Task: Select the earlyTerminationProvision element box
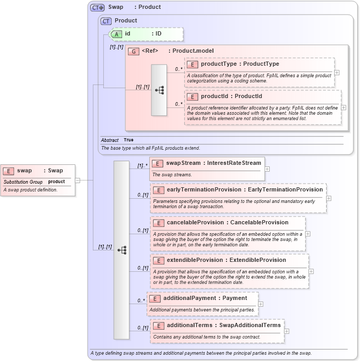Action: point(238,198)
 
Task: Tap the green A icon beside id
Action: point(117,34)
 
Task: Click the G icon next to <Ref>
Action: point(133,51)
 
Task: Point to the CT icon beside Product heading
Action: point(106,21)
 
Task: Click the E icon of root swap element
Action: point(8,171)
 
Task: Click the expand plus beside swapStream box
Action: point(267,169)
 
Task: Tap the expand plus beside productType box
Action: point(337,73)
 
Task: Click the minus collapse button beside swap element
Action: point(78,180)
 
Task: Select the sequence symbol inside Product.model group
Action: point(159,90)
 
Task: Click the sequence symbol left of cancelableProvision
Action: point(122,250)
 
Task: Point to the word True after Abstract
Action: point(128,140)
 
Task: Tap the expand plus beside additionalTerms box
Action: point(286,331)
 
